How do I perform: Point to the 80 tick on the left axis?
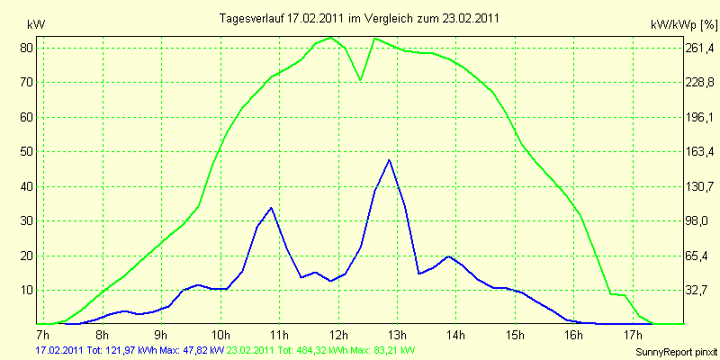click(x=27, y=48)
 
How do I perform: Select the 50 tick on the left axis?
click(x=27, y=152)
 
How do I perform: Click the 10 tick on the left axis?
click(x=27, y=291)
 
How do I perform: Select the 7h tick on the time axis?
click(x=42, y=333)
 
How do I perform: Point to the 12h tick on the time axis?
click(x=338, y=333)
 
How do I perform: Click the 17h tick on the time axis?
click(x=634, y=333)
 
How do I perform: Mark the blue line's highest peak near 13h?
click(x=389, y=160)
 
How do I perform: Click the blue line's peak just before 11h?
click(x=271, y=208)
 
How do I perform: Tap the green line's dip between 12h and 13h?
click(x=361, y=80)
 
